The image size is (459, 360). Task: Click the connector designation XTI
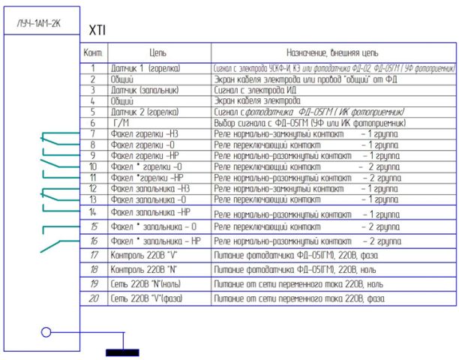click(x=97, y=31)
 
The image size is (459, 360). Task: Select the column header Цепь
click(x=157, y=54)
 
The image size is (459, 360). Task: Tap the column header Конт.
click(x=94, y=54)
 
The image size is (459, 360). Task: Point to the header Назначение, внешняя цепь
click(x=332, y=54)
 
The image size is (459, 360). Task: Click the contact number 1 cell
click(x=94, y=68)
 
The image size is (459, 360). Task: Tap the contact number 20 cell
click(x=94, y=298)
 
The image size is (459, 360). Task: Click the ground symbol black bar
click(x=121, y=351)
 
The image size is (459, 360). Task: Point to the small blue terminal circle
click(x=46, y=331)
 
